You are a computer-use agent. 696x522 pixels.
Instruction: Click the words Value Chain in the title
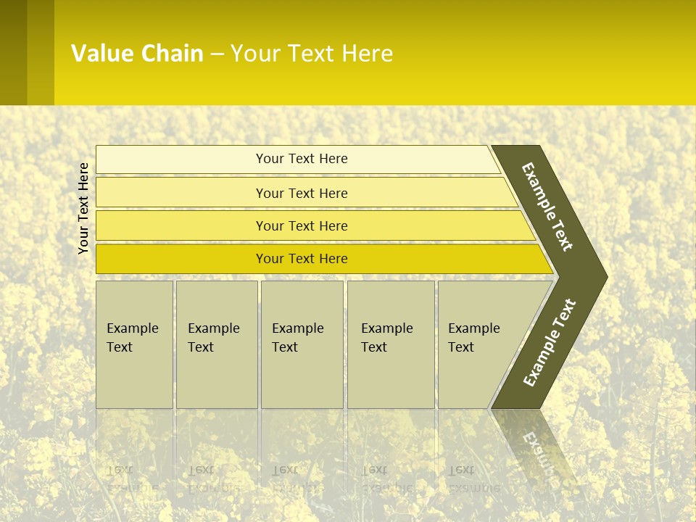pyautogui.click(x=137, y=54)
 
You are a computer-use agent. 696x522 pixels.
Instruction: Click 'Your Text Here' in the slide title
pyautogui.click(x=312, y=54)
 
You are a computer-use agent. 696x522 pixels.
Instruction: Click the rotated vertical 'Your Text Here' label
pyautogui.click(x=83, y=208)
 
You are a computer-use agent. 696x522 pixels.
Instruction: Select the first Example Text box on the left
pyautogui.click(x=134, y=344)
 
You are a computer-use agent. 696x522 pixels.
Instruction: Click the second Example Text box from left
pyautogui.click(x=216, y=344)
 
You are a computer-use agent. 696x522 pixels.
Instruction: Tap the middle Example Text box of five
pyautogui.click(x=302, y=344)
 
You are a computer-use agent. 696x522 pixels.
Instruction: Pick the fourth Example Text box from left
pyautogui.click(x=390, y=344)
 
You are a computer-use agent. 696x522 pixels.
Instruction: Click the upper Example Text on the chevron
pyautogui.click(x=547, y=207)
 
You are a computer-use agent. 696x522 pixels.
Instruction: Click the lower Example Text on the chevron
pyautogui.click(x=549, y=343)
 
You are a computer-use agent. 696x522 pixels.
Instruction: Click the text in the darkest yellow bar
pyautogui.click(x=302, y=259)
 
